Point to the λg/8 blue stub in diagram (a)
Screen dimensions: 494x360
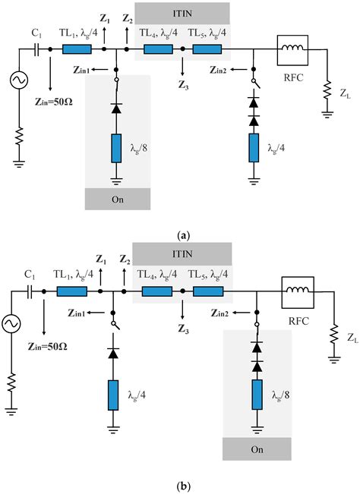coord(116,149)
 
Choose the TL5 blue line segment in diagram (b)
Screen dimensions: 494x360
coord(207,291)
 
